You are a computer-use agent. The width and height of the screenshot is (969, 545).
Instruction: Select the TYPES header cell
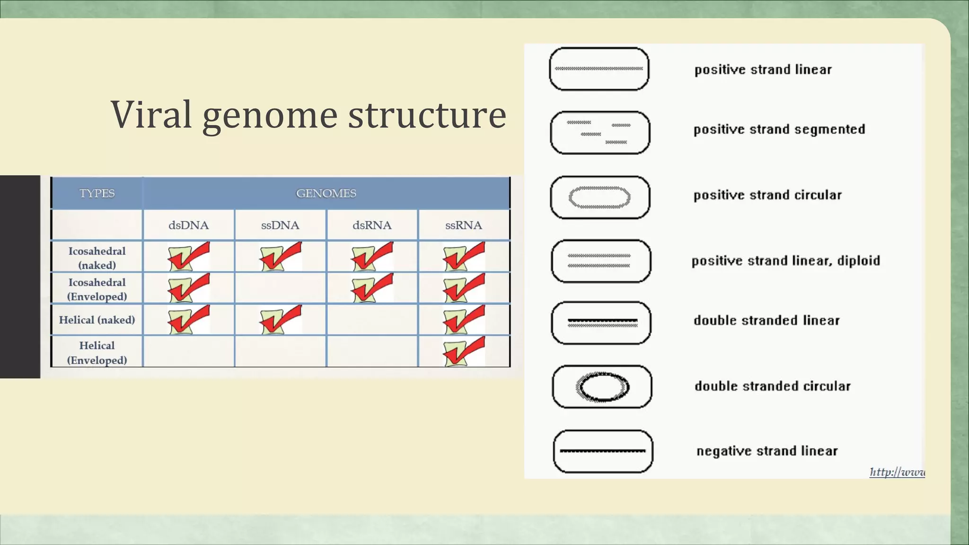point(97,193)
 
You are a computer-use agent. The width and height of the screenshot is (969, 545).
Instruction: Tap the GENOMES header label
point(326,193)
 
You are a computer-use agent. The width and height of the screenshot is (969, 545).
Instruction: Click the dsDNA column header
point(188,225)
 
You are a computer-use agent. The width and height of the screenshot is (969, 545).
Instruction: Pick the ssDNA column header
point(280,225)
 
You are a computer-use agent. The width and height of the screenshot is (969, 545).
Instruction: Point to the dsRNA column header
point(372,225)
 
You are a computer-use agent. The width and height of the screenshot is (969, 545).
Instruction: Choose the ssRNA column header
point(464,225)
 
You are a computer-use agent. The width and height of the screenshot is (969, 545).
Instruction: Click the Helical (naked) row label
point(97,320)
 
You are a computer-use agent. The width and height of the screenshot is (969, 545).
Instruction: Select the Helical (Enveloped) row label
point(97,352)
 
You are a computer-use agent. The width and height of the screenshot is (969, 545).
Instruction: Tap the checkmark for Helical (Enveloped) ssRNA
point(464,352)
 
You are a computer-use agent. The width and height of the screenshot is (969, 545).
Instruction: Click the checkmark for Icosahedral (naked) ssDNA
point(280,256)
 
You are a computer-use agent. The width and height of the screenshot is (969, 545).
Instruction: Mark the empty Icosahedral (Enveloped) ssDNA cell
point(280,288)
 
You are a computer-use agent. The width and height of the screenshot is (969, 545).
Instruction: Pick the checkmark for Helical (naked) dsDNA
point(188,320)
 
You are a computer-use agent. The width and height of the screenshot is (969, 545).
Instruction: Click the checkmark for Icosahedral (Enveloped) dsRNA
point(372,288)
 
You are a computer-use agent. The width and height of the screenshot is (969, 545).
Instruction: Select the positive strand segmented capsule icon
point(600,133)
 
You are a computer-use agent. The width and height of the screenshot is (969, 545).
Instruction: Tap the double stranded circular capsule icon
point(602,387)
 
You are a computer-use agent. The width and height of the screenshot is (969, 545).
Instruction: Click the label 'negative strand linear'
point(767,451)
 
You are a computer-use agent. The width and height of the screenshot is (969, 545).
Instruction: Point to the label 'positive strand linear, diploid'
point(785,261)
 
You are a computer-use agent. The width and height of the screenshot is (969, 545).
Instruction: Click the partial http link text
point(897,472)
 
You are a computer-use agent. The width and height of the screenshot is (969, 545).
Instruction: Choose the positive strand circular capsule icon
point(600,197)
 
